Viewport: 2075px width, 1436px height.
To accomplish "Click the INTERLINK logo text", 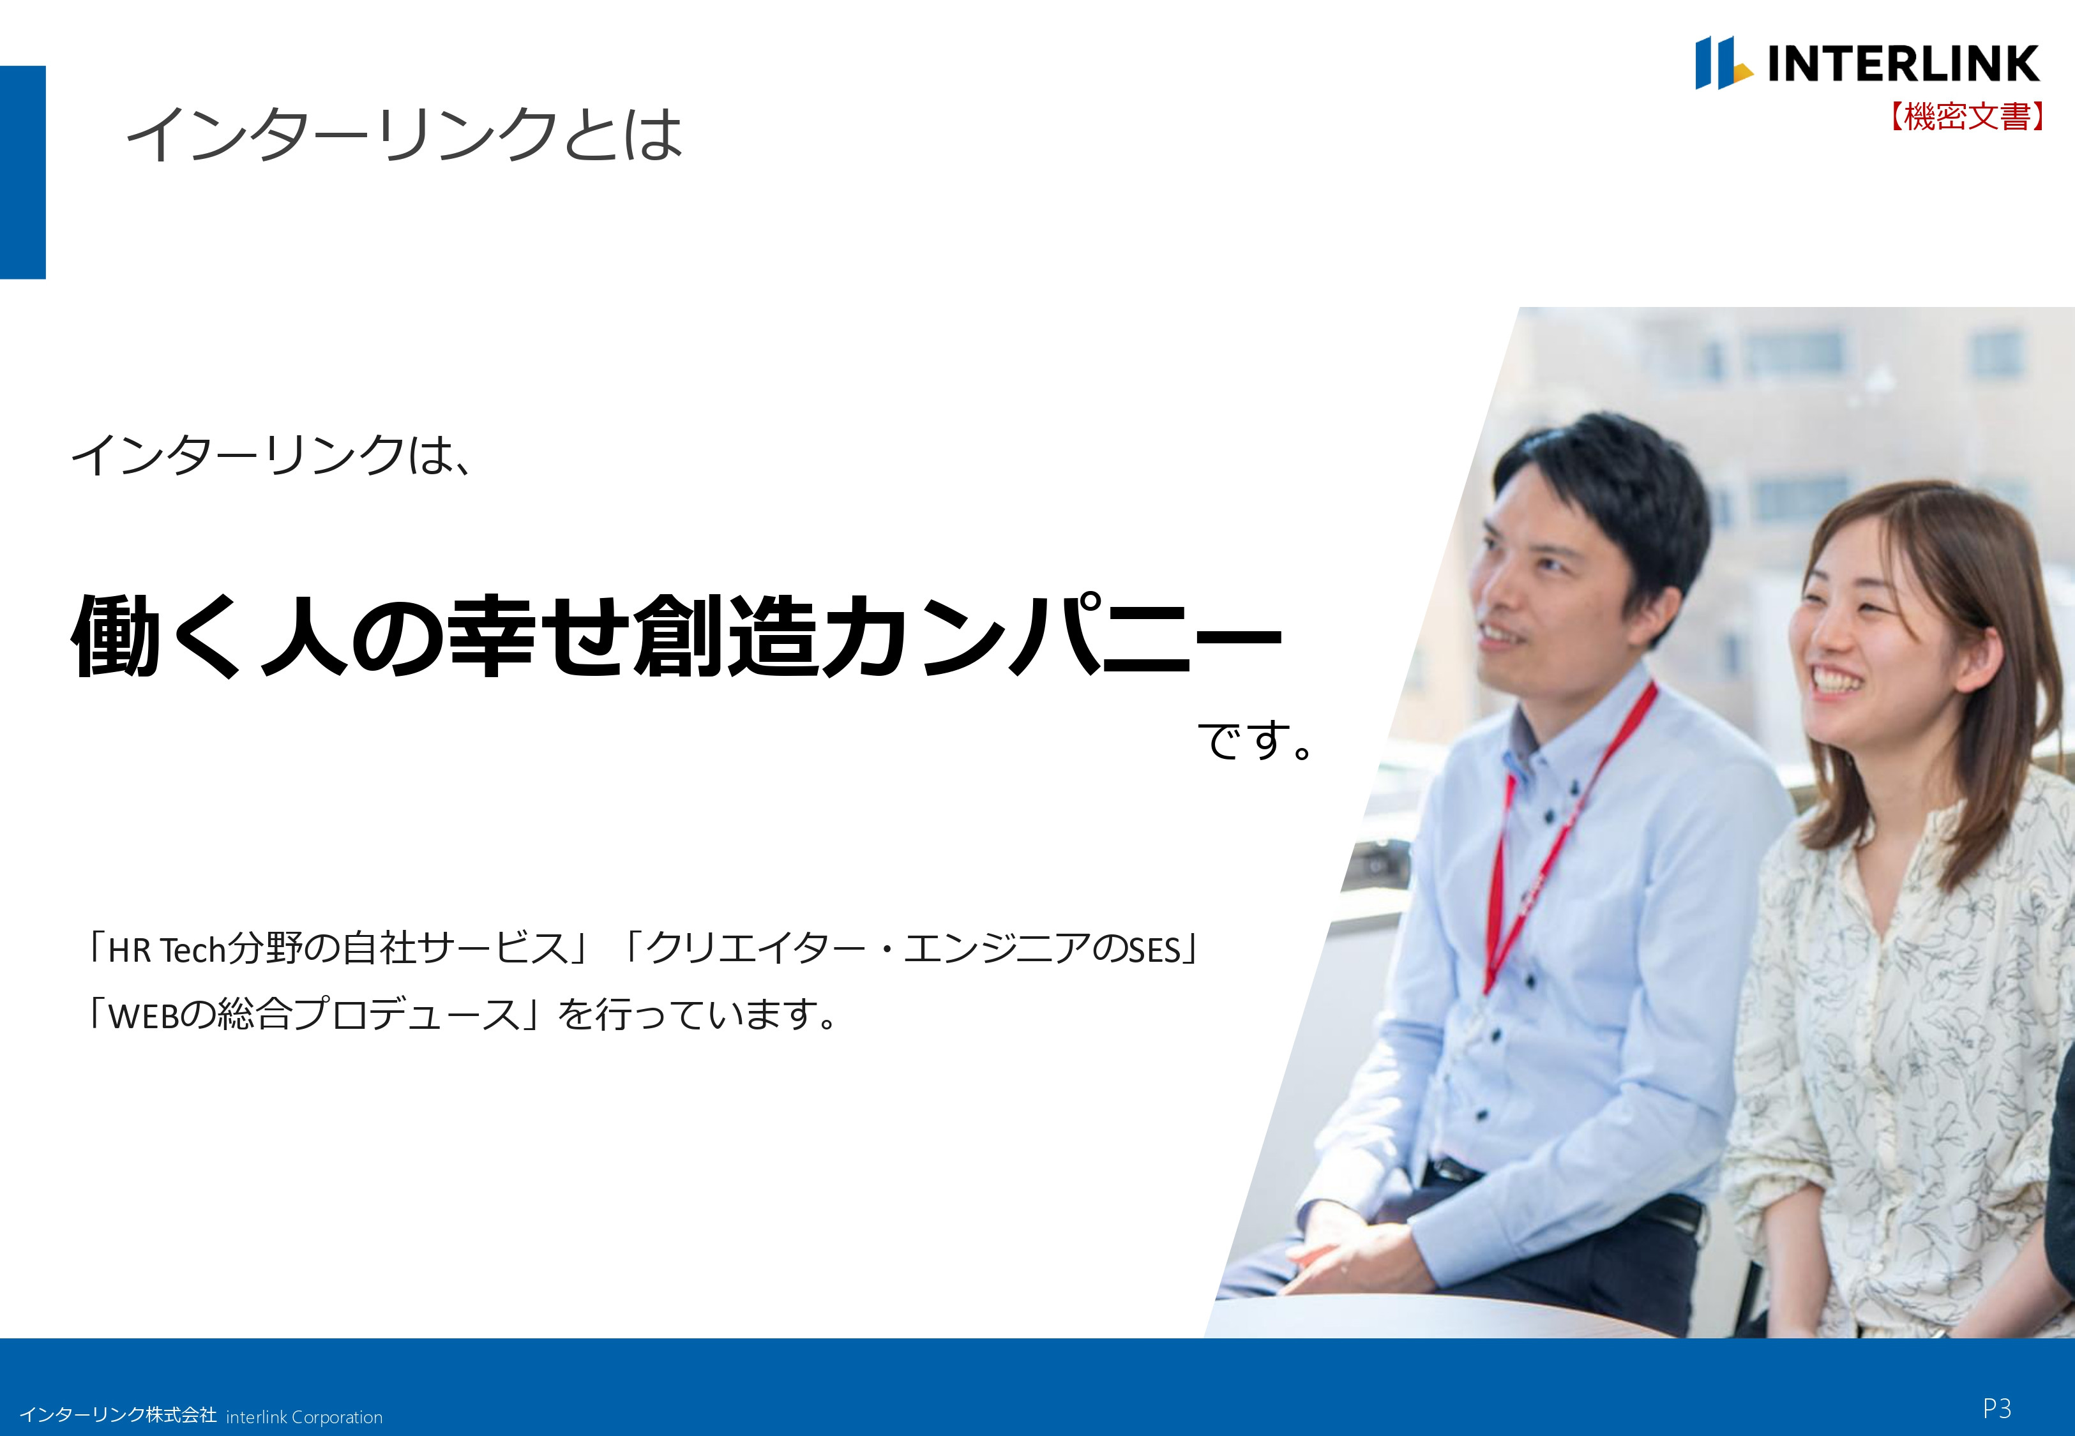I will (x=1902, y=64).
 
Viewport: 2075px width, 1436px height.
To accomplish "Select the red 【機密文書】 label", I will (x=1966, y=117).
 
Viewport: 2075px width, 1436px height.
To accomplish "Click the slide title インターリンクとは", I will (x=404, y=135).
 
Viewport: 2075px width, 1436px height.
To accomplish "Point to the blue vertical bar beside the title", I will (x=22, y=172).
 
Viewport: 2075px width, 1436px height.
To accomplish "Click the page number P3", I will (x=1996, y=1408).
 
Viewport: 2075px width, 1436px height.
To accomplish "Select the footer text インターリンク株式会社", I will (x=118, y=1416).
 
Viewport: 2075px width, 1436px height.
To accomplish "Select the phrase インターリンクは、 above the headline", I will (x=270, y=455).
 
